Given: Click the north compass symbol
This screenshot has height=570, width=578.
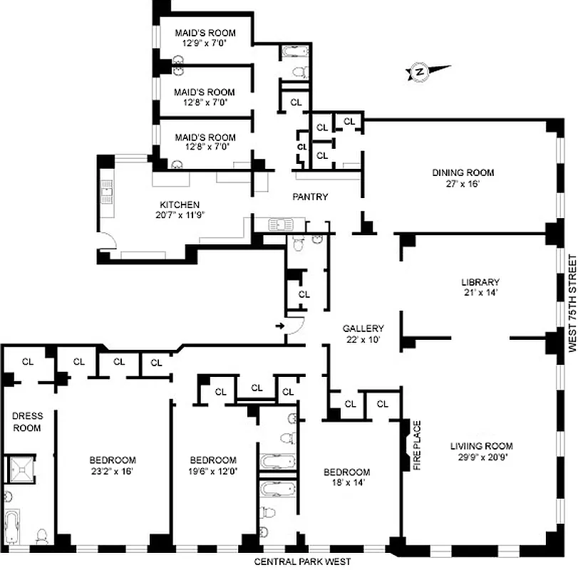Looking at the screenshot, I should [420, 71].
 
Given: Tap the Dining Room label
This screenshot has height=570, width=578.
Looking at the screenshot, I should [463, 172].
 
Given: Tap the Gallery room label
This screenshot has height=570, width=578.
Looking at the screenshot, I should [363, 328].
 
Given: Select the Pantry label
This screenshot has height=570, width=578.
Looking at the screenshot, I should [311, 197].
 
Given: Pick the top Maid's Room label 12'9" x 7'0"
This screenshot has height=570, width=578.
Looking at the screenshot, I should [205, 43].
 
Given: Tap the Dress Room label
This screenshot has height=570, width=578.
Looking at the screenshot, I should [27, 422].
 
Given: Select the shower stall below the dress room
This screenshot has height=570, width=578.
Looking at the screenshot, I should [21, 468].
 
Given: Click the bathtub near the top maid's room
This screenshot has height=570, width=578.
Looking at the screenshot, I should [293, 51].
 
